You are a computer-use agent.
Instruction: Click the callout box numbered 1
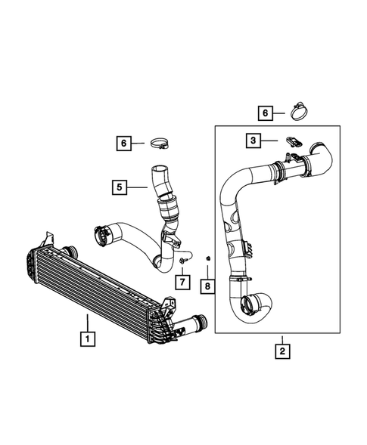(89, 339)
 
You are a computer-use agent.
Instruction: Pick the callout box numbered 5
(120, 184)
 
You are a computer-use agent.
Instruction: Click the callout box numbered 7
(182, 282)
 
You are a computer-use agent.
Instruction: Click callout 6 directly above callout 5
(123, 141)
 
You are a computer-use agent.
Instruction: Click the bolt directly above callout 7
(185, 260)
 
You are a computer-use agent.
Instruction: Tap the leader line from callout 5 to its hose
(137, 184)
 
